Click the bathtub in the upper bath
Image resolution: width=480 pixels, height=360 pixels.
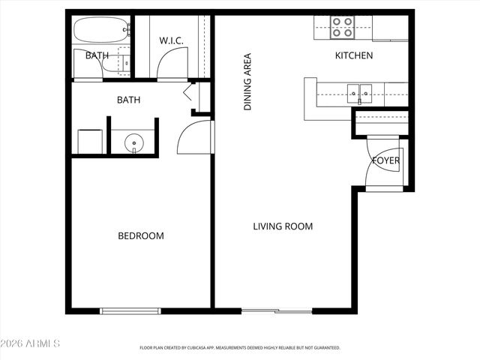[x=102, y=31]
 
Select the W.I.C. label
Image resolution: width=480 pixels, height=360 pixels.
[x=171, y=40]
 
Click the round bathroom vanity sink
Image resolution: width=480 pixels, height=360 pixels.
[x=133, y=141]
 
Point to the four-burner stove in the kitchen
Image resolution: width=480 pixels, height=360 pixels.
[x=343, y=28]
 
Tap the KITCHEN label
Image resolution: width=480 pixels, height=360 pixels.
[x=353, y=55]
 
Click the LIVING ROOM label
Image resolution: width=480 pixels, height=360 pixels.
[x=282, y=226]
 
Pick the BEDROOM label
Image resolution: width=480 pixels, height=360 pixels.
[x=140, y=236]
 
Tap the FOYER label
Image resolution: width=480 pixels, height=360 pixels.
[x=386, y=160]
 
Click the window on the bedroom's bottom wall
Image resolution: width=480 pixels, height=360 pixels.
[x=130, y=310]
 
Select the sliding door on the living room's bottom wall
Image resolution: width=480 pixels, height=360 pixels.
[x=277, y=310]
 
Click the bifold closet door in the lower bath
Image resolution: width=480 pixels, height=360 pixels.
[x=189, y=94]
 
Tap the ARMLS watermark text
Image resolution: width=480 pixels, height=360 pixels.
[x=31, y=343]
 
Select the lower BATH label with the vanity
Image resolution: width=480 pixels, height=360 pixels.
[x=128, y=100]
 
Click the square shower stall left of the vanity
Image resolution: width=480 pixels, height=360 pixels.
[x=91, y=141]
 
